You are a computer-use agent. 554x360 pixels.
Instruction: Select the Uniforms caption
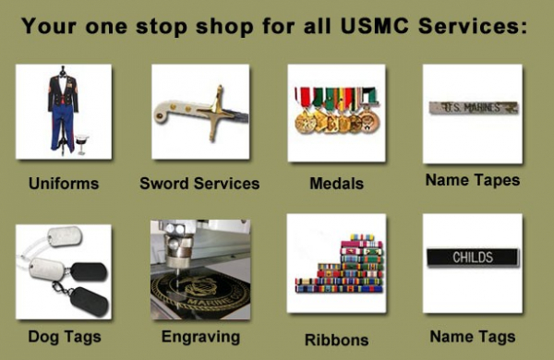click(63, 183)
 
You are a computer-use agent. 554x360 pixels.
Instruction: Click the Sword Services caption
click(199, 183)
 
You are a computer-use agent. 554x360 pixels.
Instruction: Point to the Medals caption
click(336, 183)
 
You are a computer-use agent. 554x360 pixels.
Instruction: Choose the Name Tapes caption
click(472, 180)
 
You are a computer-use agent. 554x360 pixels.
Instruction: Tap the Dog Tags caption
click(64, 336)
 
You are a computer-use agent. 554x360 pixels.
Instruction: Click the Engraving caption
click(200, 336)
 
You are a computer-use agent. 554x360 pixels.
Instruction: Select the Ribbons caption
click(336, 339)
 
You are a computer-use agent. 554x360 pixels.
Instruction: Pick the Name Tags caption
click(472, 336)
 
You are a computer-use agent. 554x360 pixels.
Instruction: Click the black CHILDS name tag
click(472, 258)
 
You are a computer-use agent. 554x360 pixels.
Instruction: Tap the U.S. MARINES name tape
click(473, 107)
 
